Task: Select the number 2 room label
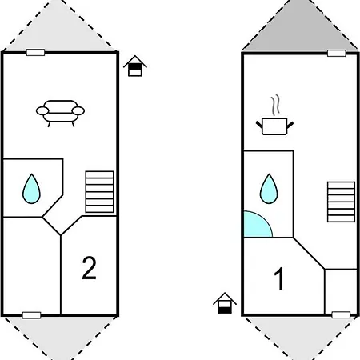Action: coord(89,268)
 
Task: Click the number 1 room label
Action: coord(279,278)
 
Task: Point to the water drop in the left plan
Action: coord(31,189)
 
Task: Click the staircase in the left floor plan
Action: coord(100,192)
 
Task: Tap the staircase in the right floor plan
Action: coord(341,202)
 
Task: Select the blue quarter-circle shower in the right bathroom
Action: coord(256,226)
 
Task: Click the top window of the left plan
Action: coord(35,52)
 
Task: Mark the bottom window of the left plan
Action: coord(32,315)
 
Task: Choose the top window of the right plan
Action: coord(337,53)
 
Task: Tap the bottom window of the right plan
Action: coord(341,315)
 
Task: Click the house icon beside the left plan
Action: coord(135,66)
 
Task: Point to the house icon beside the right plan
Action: coord(225,303)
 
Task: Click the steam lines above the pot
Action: coord(275,105)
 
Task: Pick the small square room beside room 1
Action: coord(341,292)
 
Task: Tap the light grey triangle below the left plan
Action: coord(60,337)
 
